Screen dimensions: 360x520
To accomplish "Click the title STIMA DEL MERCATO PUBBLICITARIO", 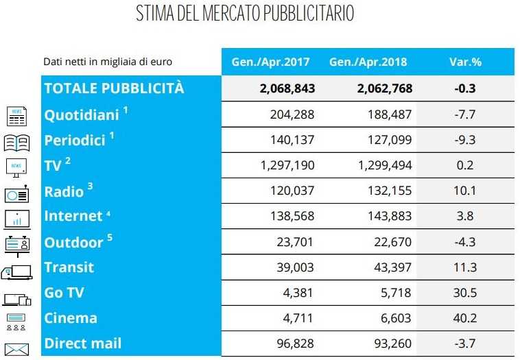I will [x=245, y=14].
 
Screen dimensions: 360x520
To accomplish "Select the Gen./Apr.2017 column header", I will [x=266, y=62].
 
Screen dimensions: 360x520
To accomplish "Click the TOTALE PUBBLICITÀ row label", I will [x=114, y=88].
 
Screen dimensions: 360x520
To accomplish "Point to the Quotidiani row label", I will [x=82, y=115].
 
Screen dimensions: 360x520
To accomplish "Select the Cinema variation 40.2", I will [x=465, y=317].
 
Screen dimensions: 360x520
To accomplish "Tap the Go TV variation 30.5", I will [x=465, y=292].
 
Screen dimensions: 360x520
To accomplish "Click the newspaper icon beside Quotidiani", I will [x=17, y=117].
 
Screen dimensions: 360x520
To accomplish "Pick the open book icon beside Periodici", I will [x=16, y=143].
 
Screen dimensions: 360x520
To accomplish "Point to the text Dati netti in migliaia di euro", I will [x=107, y=62].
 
